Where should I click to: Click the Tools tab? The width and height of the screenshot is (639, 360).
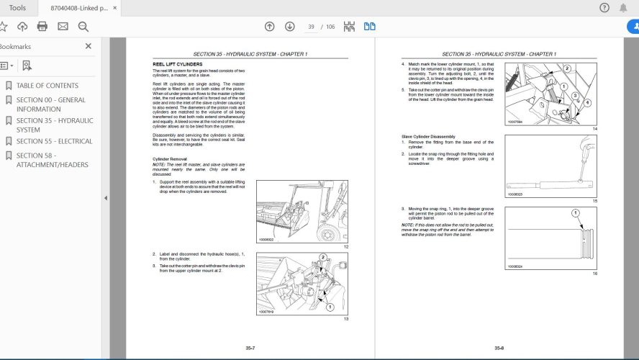click(x=17, y=8)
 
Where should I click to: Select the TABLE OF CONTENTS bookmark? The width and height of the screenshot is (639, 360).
click(x=47, y=86)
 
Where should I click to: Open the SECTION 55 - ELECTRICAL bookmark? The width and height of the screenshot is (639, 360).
click(x=54, y=141)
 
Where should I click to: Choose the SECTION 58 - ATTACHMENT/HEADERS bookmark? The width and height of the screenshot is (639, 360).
click(x=52, y=160)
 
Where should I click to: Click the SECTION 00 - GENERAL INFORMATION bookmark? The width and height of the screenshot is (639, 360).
click(x=50, y=104)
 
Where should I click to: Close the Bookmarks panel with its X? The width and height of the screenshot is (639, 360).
click(x=89, y=46)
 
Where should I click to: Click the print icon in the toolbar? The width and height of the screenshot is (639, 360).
click(x=42, y=27)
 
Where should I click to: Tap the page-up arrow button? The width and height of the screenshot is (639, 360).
click(x=269, y=27)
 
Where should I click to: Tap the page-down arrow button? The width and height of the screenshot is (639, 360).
click(x=289, y=27)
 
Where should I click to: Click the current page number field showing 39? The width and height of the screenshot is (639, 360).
click(x=311, y=27)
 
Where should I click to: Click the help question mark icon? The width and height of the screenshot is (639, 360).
click(x=604, y=8)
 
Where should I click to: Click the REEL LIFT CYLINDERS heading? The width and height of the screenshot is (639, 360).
click(x=173, y=65)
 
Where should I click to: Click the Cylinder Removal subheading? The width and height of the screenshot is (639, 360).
click(x=169, y=158)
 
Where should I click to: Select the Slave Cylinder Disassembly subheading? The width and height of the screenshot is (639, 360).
click(x=428, y=137)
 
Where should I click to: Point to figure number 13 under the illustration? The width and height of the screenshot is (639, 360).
click(x=345, y=319)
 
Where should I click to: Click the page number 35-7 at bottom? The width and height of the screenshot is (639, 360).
click(x=250, y=348)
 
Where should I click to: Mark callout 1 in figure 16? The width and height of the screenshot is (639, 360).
click(x=574, y=213)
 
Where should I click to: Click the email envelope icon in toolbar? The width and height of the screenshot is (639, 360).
click(x=63, y=27)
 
